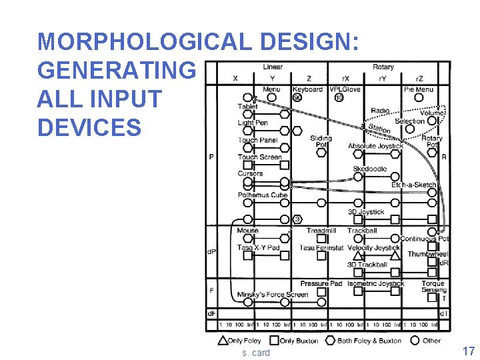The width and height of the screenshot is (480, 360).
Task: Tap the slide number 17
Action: point(468,351)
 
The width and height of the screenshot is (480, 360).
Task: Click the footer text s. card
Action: point(256,353)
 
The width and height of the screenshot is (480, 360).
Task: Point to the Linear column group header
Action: point(273,67)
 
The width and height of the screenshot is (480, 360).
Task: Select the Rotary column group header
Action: point(383,67)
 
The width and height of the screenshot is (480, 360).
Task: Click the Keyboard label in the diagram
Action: point(307,89)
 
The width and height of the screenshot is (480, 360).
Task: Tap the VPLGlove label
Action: point(345,89)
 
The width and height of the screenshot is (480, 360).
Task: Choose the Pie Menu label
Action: point(419,89)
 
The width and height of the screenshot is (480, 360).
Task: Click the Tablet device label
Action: point(247,107)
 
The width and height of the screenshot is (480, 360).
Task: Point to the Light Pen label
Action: point(253,123)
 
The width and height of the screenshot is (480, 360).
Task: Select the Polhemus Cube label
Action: point(262,195)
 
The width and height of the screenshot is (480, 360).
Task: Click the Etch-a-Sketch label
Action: point(413,185)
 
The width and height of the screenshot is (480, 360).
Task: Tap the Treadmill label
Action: point(321,231)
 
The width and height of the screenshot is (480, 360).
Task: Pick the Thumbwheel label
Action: point(428,255)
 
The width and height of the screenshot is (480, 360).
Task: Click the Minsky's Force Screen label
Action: point(273,295)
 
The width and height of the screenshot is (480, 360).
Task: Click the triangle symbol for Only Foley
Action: point(223,340)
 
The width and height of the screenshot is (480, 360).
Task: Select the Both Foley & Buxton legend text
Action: point(370,341)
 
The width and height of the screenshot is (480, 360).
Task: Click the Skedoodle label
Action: point(370,169)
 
